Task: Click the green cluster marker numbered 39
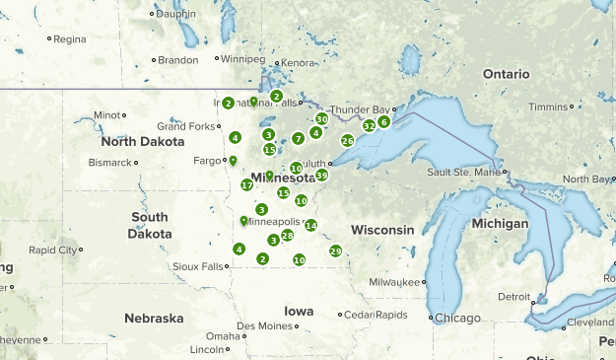[321, 176]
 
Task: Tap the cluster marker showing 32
[369, 126]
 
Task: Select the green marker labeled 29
[336, 252]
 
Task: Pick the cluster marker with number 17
[246, 185]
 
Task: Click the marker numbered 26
[347, 141]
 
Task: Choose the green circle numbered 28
[287, 236]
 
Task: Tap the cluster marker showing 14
[310, 226]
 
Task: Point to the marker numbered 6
[383, 122]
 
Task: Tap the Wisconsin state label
[382, 230]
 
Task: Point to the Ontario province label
[507, 74]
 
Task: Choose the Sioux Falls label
[197, 266]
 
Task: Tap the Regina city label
[69, 39]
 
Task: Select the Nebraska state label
[154, 319]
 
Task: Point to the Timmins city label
[550, 107]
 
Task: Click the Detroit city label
[513, 296]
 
